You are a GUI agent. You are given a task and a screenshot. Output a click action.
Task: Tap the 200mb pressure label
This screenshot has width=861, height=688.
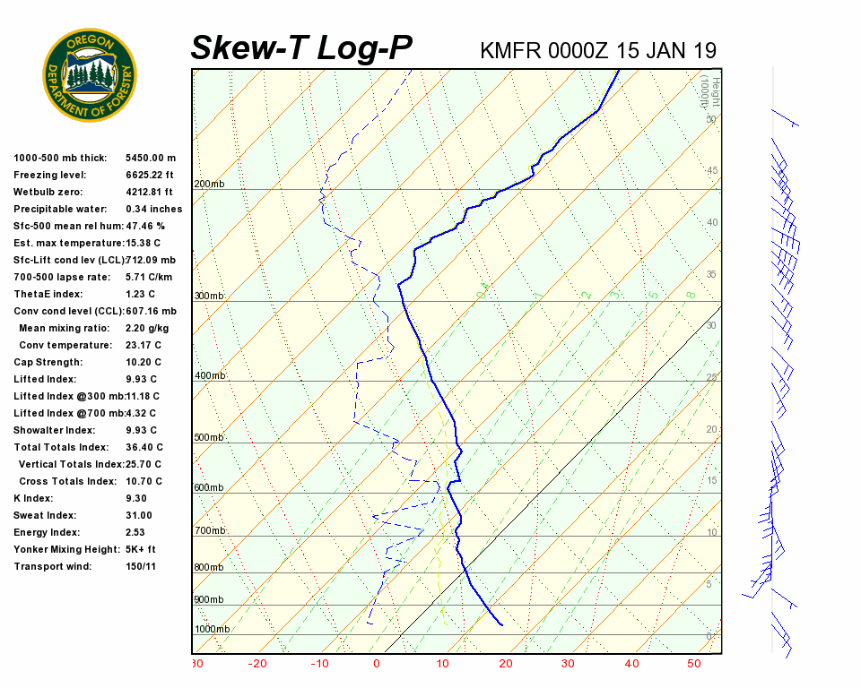tap(210, 185)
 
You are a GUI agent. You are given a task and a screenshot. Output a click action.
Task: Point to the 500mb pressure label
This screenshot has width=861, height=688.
tap(210, 438)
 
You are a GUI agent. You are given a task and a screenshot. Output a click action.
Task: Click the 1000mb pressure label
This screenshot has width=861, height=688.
tap(213, 629)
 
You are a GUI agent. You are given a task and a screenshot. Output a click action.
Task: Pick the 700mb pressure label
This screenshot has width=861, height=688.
tap(210, 531)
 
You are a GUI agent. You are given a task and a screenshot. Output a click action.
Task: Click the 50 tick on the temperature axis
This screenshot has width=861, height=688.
tap(693, 664)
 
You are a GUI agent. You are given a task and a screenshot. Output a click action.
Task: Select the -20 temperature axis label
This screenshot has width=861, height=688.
tap(258, 664)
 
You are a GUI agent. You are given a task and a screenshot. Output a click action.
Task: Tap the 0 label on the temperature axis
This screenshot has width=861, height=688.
tap(377, 664)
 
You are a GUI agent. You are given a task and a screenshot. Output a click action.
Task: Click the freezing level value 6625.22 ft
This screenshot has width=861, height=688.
tap(149, 175)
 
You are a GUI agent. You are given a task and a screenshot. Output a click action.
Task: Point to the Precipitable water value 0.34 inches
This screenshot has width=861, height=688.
tap(153, 209)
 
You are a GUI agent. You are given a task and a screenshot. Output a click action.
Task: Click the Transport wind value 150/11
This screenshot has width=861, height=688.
tap(143, 566)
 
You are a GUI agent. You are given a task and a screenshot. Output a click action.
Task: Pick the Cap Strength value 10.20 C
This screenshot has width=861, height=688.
tap(143, 362)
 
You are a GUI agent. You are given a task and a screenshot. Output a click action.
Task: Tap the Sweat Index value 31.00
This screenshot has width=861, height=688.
tap(139, 515)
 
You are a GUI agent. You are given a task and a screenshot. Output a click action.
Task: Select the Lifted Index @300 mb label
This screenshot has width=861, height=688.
tap(67, 396)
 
